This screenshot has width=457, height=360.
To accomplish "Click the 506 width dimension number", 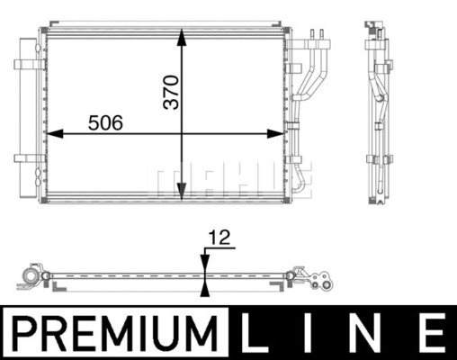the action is (105, 122).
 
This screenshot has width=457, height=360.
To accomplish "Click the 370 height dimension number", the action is (171, 92).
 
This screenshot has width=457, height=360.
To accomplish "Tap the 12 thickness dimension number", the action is (220, 238).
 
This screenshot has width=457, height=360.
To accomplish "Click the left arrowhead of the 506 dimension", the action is (55, 134).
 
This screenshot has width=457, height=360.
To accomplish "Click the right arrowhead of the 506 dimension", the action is (275, 134).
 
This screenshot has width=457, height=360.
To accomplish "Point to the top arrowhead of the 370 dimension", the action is (182, 37).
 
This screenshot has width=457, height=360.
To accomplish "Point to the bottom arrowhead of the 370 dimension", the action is (182, 192).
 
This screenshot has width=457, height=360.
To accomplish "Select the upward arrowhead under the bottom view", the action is (205, 288).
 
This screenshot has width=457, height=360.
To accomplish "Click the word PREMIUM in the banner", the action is (115, 333).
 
